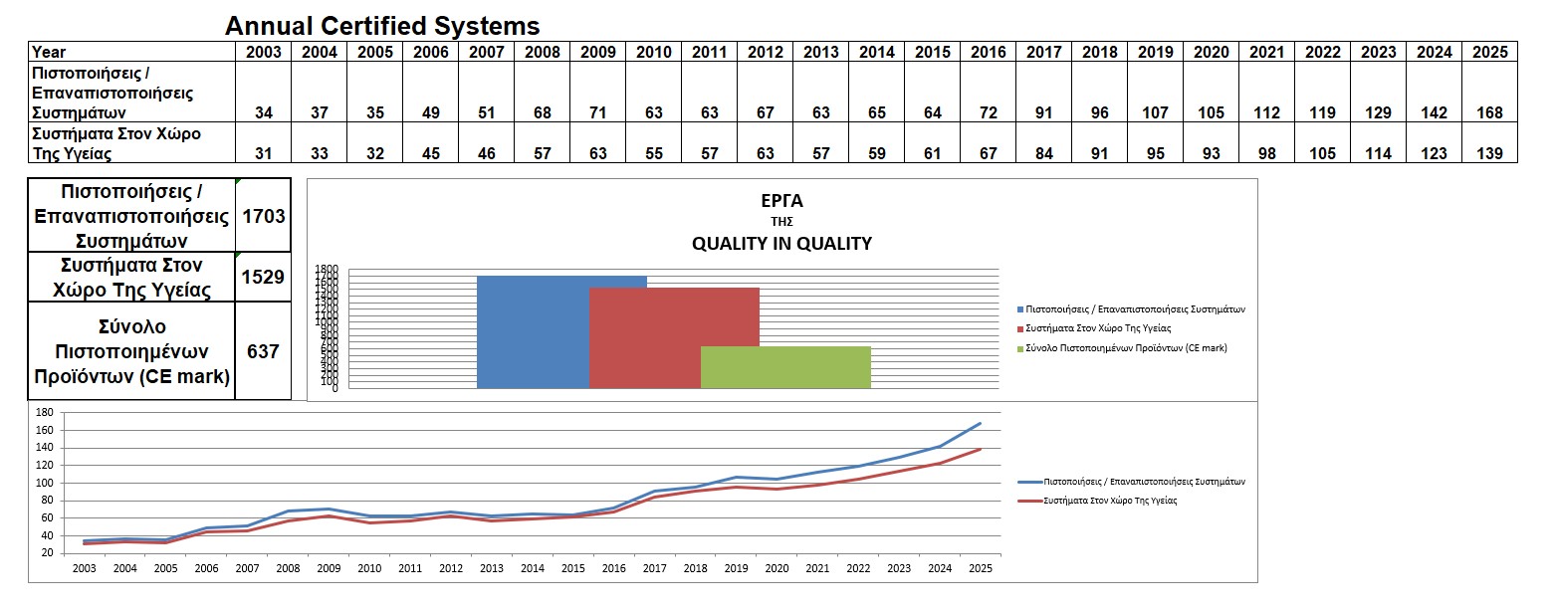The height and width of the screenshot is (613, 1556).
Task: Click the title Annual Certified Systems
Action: pos(382,26)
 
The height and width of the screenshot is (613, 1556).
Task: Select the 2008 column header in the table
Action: pos(542,52)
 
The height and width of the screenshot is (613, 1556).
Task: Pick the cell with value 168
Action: pos(1489,112)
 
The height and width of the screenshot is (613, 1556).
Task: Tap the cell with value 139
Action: pos(1489,153)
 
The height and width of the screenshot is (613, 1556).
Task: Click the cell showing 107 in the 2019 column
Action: pos(1155,112)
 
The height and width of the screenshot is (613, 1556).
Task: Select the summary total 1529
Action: pos(263,278)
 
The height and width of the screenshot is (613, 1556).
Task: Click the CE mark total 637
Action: pos(263,350)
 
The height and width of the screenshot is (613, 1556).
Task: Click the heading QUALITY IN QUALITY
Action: pos(781,244)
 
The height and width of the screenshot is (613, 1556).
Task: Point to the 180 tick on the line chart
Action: pos(44,412)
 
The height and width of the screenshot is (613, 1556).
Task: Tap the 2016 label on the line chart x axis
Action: pos(613,568)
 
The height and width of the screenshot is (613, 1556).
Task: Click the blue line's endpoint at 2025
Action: pos(981,423)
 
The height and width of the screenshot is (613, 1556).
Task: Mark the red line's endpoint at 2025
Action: pos(981,449)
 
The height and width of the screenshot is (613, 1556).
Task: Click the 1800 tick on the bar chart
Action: pos(327,269)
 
